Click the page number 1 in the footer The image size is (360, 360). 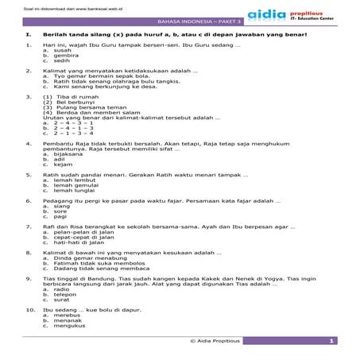click(x=329, y=340)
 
